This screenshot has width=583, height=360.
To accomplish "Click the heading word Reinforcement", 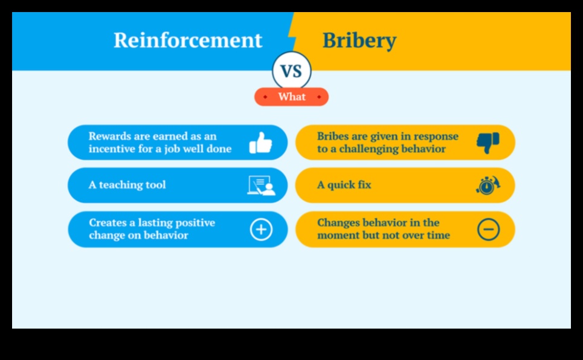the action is click(188, 40).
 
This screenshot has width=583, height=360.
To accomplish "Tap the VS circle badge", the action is click(291, 71).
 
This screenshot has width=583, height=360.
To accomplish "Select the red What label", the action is click(291, 97).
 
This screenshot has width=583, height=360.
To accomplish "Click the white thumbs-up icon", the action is click(260, 143).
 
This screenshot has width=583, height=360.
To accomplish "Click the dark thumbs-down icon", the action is click(488, 143).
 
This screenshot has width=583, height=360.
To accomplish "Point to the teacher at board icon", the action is click(262, 185).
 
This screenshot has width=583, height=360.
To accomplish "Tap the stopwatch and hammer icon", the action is click(488, 185).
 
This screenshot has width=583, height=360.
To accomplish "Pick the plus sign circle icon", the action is click(261, 230).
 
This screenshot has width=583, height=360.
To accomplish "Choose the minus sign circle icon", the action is click(488, 230).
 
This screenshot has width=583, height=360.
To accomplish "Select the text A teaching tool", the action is click(127, 185).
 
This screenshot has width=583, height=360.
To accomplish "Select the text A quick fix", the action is click(344, 185).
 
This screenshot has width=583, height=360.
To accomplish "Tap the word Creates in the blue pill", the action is click(108, 223).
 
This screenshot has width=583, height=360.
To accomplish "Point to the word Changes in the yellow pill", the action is click(338, 223).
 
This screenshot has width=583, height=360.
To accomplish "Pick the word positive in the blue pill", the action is click(195, 223).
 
